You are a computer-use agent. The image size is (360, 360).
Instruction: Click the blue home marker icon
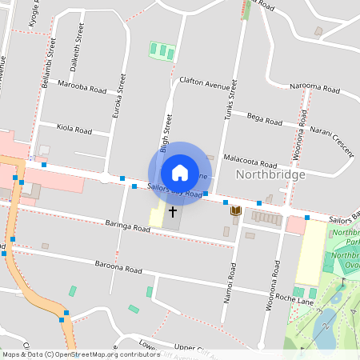180,173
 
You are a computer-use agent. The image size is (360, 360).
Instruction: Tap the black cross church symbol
172,213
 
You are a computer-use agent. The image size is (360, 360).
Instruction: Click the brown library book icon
235,210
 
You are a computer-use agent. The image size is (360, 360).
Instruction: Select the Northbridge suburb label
270,174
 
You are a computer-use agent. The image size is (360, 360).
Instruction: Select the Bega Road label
265,120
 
